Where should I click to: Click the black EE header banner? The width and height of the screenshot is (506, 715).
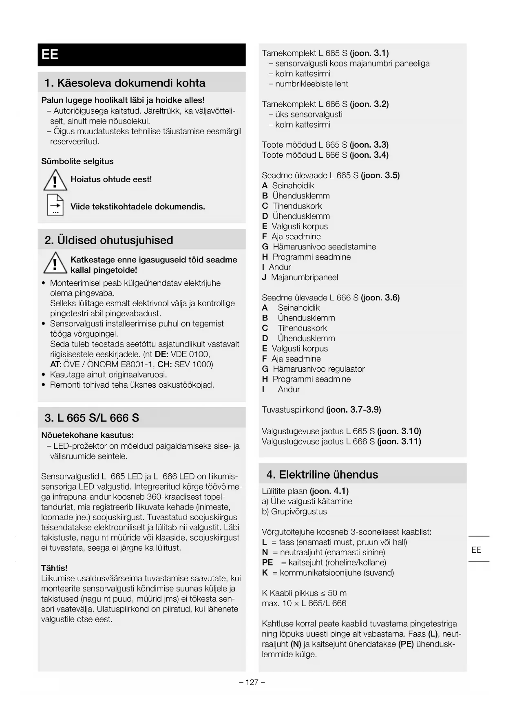(x=141, y=55)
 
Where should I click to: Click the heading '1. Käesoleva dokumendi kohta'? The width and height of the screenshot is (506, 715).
(x=125, y=83)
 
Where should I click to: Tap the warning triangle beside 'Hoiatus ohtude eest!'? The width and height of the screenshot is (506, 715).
(x=55, y=180)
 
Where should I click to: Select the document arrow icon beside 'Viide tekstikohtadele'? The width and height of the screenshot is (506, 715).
(x=55, y=205)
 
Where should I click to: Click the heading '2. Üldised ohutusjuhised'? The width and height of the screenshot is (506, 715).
(x=109, y=240)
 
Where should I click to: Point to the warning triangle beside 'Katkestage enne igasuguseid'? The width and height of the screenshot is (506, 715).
(x=55, y=263)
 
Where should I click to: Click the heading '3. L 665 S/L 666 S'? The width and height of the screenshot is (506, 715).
(x=92, y=418)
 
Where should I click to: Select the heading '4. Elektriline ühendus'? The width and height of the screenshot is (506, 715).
(x=322, y=474)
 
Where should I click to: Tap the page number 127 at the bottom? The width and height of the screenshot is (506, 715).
(x=252, y=682)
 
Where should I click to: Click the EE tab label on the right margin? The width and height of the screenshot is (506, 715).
(x=476, y=550)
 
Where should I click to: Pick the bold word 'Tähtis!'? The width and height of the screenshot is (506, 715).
(x=54, y=568)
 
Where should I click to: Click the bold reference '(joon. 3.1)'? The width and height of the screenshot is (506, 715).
(x=369, y=53)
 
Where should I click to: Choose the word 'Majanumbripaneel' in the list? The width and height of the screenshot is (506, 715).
(x=305, y=278)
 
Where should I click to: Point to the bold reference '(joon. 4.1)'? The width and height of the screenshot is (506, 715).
(x=329, y=491)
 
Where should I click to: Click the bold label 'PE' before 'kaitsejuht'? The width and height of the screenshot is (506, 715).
(x=267, y=563)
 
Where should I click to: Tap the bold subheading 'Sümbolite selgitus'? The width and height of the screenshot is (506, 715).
(x=77, y=161)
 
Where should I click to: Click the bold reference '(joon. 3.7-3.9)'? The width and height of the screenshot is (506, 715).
(x=354, y=410)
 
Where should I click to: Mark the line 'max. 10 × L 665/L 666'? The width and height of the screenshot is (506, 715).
(x=304, y=603)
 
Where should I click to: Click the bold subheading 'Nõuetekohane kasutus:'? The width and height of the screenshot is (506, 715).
(x=88, y=435)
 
